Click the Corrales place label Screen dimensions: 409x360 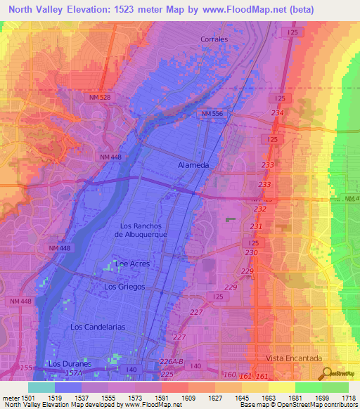214,39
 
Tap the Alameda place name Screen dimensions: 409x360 193,165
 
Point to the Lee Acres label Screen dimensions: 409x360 130,264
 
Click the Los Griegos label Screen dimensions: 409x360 124,287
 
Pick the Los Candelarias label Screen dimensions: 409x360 98,327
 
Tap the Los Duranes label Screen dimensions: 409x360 70,364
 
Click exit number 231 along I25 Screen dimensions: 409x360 255,226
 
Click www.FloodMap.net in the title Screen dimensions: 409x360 230,10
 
